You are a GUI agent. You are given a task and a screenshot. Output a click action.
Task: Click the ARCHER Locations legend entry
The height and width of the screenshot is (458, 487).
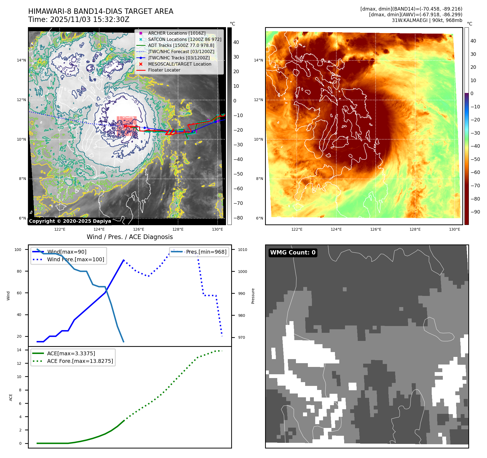(177, 33)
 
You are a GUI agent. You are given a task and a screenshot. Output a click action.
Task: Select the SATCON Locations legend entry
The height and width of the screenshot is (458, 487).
(185, 39)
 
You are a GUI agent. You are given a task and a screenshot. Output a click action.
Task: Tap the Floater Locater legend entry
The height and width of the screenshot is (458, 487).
(164, 70)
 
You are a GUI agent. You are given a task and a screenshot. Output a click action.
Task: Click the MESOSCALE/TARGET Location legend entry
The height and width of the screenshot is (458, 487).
(179, 64)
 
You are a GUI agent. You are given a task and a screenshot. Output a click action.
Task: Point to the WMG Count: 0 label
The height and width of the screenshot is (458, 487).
(293, 253)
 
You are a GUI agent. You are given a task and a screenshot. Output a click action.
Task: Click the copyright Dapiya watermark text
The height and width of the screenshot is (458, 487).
(70, 221)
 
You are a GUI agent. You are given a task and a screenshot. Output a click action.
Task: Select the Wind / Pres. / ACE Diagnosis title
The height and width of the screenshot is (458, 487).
(130, 237)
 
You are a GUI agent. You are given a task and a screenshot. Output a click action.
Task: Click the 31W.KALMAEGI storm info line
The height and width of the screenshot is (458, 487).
(427, 20)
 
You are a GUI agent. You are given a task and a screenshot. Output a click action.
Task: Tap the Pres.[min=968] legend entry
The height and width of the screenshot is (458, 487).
(206, 252)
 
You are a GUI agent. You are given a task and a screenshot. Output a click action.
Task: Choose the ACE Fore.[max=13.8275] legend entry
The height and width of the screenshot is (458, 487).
(80, 361)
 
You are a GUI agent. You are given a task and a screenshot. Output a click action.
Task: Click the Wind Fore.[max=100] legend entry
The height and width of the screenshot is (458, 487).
(75, 259)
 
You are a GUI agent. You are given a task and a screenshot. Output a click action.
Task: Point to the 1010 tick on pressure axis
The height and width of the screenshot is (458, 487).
(243, 250)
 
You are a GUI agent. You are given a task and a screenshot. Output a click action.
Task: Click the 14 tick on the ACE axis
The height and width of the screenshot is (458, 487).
(19, 350)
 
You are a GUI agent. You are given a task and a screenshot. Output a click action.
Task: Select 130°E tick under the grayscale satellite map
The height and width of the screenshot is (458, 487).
(217, 229)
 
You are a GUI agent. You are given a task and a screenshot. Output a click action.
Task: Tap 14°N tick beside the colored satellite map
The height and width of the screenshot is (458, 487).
(258, 60)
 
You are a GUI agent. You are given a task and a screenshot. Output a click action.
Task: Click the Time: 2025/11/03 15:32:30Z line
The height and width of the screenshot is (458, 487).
(79, 20)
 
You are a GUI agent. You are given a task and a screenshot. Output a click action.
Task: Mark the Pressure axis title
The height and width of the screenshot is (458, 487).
(253, 296)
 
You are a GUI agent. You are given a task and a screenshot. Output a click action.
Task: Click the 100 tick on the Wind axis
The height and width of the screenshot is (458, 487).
(18, 250)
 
